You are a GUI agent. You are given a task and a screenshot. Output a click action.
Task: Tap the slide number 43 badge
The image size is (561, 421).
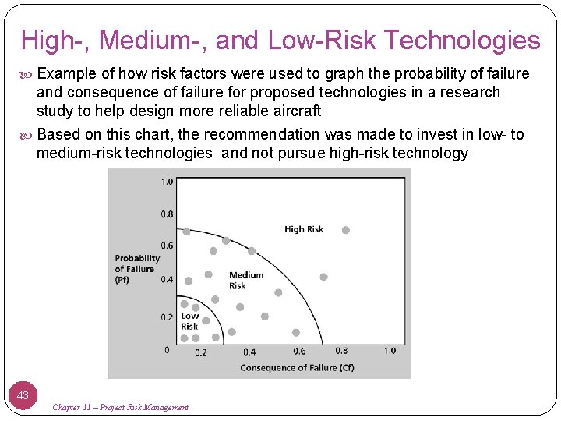pyautogui.click(x=23, y=395)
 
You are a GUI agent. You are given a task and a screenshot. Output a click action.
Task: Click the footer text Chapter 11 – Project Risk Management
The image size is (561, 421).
pyautogui.click(x=120, y=407)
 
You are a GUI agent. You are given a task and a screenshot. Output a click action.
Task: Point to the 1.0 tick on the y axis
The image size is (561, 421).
pyautogui.click(x=167, y=182)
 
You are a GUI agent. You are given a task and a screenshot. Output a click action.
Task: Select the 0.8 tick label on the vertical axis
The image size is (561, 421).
pyautogui.click(x=167, y=214)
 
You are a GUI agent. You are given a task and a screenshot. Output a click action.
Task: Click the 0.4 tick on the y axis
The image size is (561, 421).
pyautogui.click(x=167, y=279)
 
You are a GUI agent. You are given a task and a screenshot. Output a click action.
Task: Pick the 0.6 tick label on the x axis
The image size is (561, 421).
pyautogui.click(x=299, y=351)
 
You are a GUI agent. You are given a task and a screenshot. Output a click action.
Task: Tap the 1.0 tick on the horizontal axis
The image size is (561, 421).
pyautogui.click(x=390, y=351)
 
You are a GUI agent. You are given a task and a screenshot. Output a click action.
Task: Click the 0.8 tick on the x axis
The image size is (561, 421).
pyautogui.click(x=341, y=351)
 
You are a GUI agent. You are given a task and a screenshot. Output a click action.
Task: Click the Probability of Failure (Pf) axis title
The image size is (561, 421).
pyautogui.click(x=137, y=268)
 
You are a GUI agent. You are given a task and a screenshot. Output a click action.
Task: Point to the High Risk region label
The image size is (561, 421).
pyautogui.click(x=304, y=229)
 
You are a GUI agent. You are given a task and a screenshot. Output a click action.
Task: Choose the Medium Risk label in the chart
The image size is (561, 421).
pyautogui.click(x=246, y=280)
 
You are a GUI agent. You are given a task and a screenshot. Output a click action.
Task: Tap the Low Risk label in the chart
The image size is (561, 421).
pyautogui.click(x=189, y=321)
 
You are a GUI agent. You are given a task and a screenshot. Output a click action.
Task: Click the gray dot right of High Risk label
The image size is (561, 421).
pyautogui.click(x=346, y=230)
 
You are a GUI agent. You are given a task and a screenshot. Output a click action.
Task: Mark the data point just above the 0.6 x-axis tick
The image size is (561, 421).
pyautogui.click(x=296, y=333)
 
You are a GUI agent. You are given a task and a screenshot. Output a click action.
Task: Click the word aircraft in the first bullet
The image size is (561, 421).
pyautogui.click(x=295, y=111)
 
